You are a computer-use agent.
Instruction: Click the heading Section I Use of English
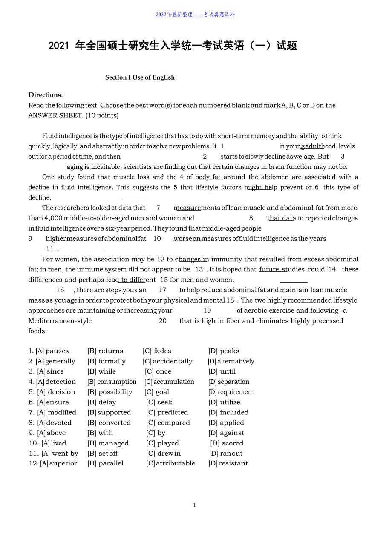[140, 77]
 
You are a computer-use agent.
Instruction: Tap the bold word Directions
[45, 95]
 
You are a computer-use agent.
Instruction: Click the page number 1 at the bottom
[195, 505]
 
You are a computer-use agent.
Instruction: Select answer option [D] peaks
[224, 351]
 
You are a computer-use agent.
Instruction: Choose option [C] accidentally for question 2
[167, 361]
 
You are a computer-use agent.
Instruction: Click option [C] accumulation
[169, 382]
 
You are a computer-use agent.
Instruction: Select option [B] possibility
[110, 392]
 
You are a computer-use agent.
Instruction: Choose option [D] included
[228, 412]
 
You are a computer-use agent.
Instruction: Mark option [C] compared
[168, 423]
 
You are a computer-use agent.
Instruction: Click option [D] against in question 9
[226, 433]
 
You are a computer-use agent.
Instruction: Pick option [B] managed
[108, 443]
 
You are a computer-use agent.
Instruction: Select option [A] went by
[60, 454]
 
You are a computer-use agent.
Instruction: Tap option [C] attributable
[170, 463]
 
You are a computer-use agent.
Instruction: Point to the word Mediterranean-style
[60, 321]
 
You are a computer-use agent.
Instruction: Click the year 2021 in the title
[59, 46]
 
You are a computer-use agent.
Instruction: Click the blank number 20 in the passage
[162, 321]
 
